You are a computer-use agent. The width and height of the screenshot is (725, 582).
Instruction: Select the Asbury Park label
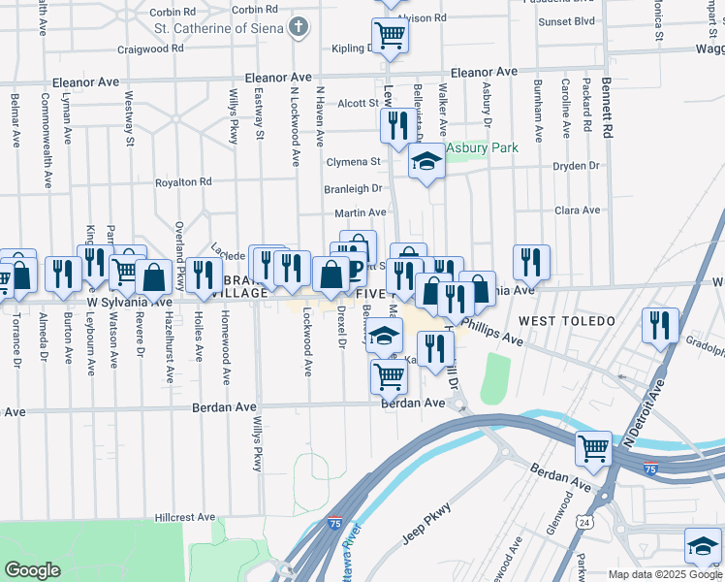pos(482,147)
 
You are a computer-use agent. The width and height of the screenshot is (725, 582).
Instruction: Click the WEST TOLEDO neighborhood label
pos(566,320)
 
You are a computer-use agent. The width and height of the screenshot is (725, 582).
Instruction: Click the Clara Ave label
pos(578,210)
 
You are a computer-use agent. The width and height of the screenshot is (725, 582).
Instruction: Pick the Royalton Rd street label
pos(183,181)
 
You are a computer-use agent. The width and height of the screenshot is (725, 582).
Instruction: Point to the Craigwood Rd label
pos(149,48)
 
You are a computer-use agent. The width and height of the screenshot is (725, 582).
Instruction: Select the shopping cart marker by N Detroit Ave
pos(593,449)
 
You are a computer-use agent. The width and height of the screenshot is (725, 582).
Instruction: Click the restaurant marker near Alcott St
pos(395,126)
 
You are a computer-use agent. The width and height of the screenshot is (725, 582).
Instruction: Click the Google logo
pos(33,570)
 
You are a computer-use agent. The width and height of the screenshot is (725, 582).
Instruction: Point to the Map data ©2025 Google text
pos(665,574)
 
